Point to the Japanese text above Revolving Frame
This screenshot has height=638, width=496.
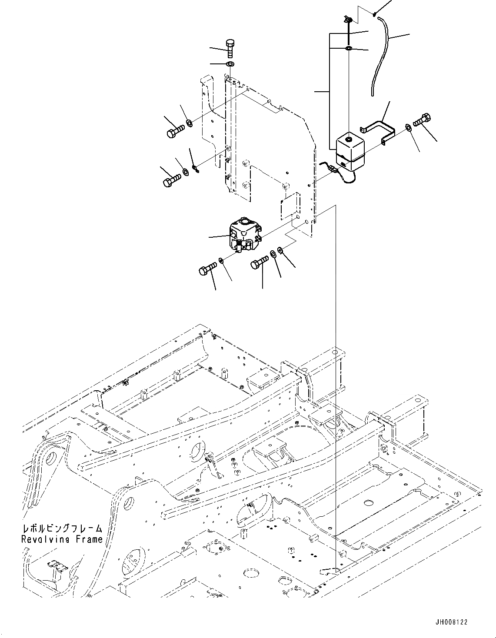(62, 529)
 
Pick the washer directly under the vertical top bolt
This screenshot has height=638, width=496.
(230, 64)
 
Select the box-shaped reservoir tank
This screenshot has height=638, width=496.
(350, 152)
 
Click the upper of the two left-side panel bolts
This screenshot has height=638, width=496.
(175, 130)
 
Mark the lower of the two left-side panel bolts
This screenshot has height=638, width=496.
(171, 180)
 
